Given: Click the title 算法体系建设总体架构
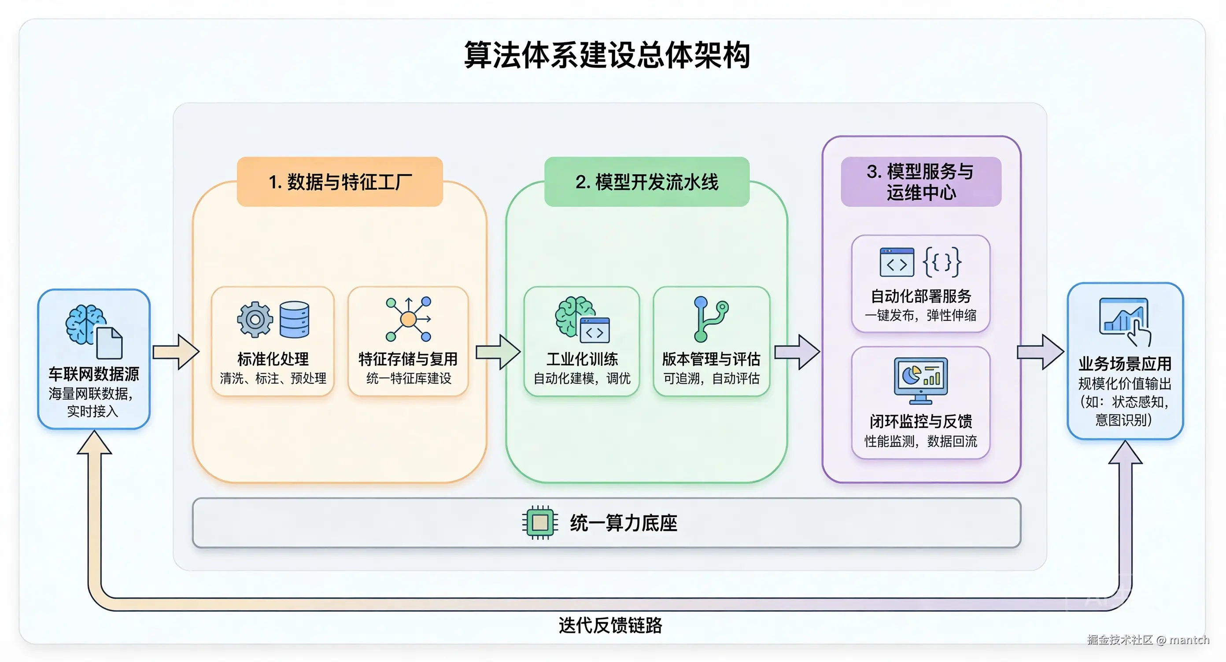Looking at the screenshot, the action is click(x=607, y=55).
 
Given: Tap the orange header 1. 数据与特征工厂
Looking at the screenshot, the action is click(x=340, y=182).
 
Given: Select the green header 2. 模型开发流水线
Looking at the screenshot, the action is click(x=647, y=182).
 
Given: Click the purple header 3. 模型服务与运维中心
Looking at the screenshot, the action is click(x=921, y=182).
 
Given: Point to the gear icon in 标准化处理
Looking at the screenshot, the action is click(x=255, y=320).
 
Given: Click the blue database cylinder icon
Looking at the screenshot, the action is click(x=295, y=320).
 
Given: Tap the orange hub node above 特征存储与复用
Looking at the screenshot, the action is click(x=408, y=319).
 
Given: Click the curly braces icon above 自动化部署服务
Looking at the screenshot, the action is click(x=942, y=261).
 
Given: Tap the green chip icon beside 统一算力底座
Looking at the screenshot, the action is click(x=540, y=522).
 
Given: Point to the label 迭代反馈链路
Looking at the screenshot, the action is click(x=610, y=625).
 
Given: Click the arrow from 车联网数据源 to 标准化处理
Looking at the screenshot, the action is click(x=176, y=352).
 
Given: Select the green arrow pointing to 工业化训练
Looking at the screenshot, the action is click(x=498, y=352).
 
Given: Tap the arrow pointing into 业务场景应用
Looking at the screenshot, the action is click(x=1041, y=352).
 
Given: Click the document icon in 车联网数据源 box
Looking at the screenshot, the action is click(x=110, y=343).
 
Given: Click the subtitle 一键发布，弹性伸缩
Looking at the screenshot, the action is click(x=920, y=315).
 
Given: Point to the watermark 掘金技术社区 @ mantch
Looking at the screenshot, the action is click(x=1148, y=640).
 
